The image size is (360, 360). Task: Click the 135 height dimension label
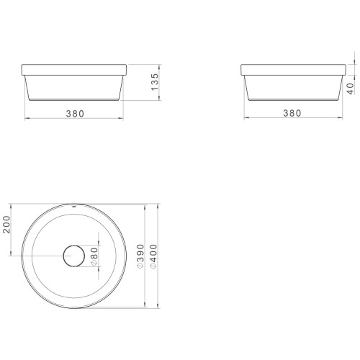click(155, 82)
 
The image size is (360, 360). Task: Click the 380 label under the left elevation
click(75, 114)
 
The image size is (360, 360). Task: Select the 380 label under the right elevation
click(292, 113)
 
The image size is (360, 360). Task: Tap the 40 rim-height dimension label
click(351, 89)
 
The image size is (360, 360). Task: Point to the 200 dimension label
click(6, 225)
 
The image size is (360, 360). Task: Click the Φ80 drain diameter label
click(95, 256)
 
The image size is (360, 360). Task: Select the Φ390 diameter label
click(140, 256)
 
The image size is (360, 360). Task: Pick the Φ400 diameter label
click(153, 256)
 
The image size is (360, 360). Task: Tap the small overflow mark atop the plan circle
click(74, 205)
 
